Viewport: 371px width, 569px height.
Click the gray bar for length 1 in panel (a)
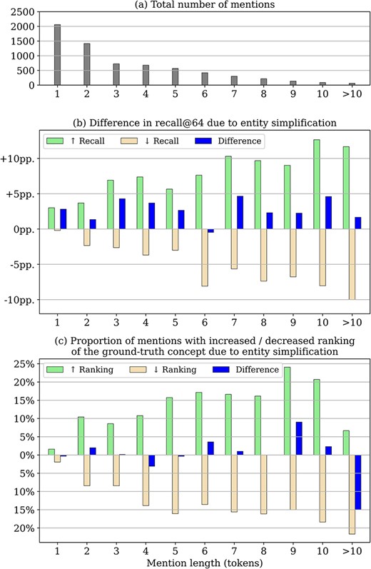pyautogui.click(x=57, y=54)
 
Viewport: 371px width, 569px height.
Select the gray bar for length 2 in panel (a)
pyautogui.click(x=87, y=64)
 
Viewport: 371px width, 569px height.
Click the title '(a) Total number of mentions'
pyautogui.click(x=203, y=6)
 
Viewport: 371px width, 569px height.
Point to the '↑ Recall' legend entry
pyautogui.click(x=76, y=141)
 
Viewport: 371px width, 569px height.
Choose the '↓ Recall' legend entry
pyautogui.click(x=158, y=141)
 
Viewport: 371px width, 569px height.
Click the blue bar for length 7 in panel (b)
pyautogui.click(x=240, y=212)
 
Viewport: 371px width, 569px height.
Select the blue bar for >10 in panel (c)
pyautogui.click(x=358, y=482)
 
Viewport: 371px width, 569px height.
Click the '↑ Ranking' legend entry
pyautogui.click(x=78, y=370)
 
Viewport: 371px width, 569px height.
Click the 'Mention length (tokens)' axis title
pyautogui.click(x=203, y=562)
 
